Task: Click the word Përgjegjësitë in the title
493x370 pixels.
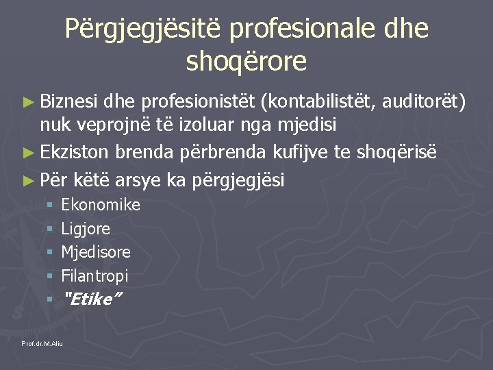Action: coord(144,29)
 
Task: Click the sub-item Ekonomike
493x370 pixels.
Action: coord(101,205)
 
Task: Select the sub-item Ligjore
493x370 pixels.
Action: coord(86,229)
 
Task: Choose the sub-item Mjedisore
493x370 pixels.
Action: coord(96,252)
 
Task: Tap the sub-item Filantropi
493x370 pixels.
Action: coord(94,276)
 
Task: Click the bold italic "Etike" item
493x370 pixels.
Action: coord(91,299)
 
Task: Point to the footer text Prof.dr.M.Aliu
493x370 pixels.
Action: coord(42,343)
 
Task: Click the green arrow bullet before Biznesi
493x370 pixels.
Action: coord(27,103)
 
